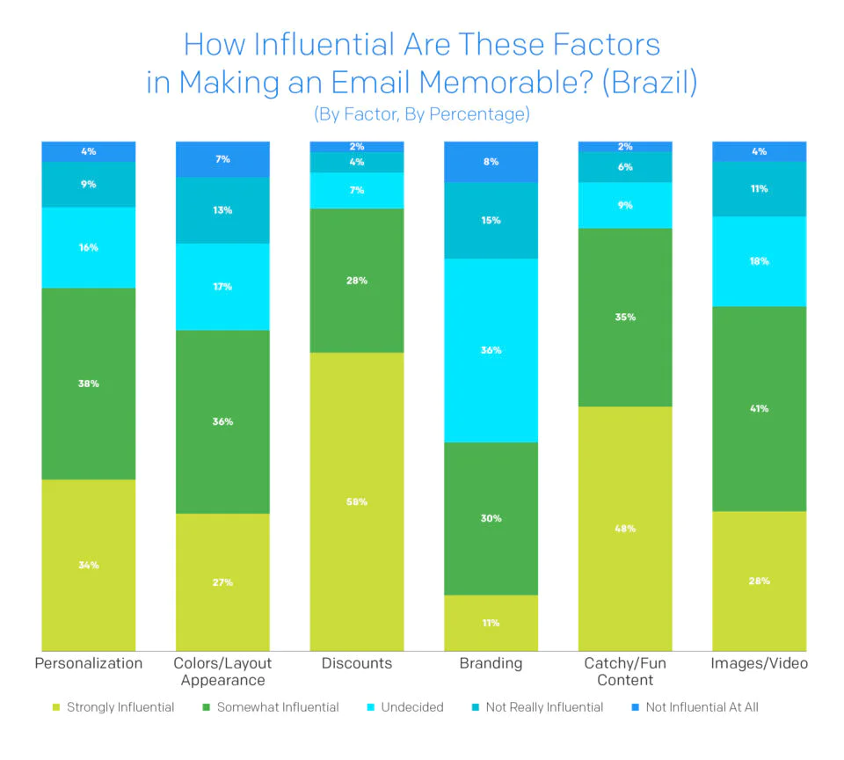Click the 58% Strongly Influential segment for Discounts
click(356, 501)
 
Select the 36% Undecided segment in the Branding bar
click(491, 350)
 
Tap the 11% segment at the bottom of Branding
click(491, 623)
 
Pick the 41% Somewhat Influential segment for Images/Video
click(759, 408)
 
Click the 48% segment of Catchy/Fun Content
click(624, 528)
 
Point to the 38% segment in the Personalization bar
click(88, 384)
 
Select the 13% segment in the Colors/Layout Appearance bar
click(222, 210)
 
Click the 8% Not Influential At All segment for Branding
click(491, 162)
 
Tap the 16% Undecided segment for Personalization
click(88, 247)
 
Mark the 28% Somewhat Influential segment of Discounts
click(356, 281)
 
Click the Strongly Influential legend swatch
click(58, 707)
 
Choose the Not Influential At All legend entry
click(702, 707)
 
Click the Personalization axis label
click(88, 663)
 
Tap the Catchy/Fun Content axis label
click(624, 671)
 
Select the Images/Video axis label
click(759, 663)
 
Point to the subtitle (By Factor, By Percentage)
click(421, 114)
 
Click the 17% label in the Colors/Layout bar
click(222, 287)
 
